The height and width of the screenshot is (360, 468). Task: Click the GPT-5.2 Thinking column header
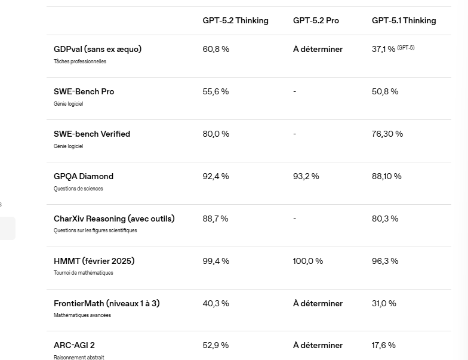coord(235,20)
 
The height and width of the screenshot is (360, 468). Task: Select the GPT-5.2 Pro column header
coord(316,20)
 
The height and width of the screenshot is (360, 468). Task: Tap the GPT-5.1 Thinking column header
coord(404,20)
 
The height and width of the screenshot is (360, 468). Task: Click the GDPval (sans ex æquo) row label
coord(97,49)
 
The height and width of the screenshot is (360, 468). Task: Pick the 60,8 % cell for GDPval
coord(215,49)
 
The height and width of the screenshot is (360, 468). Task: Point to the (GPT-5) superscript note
coord(406,48)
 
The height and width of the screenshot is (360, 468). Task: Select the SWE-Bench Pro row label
coord(84,91)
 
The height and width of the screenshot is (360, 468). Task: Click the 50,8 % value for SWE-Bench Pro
coord(385,91)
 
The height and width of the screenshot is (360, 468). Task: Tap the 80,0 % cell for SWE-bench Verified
coord(215,134)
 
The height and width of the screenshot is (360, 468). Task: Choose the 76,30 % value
coord(387,134)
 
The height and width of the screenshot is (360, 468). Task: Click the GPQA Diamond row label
coord(84,176)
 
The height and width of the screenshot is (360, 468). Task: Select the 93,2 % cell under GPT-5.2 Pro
coord(306,176)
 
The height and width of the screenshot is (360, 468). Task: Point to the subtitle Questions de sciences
coord(78,189)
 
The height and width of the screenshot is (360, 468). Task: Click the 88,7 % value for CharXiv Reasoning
coord(215,219)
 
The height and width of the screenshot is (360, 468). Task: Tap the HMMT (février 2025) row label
coord(94,261)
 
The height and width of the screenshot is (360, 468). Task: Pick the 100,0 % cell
coord(308,261)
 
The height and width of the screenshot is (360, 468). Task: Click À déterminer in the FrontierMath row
coord(318,303)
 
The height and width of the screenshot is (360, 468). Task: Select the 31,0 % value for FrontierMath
coord(384,303)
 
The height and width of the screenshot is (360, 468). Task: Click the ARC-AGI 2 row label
coord(74,345)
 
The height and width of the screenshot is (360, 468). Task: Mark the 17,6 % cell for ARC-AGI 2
coord(384,345)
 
